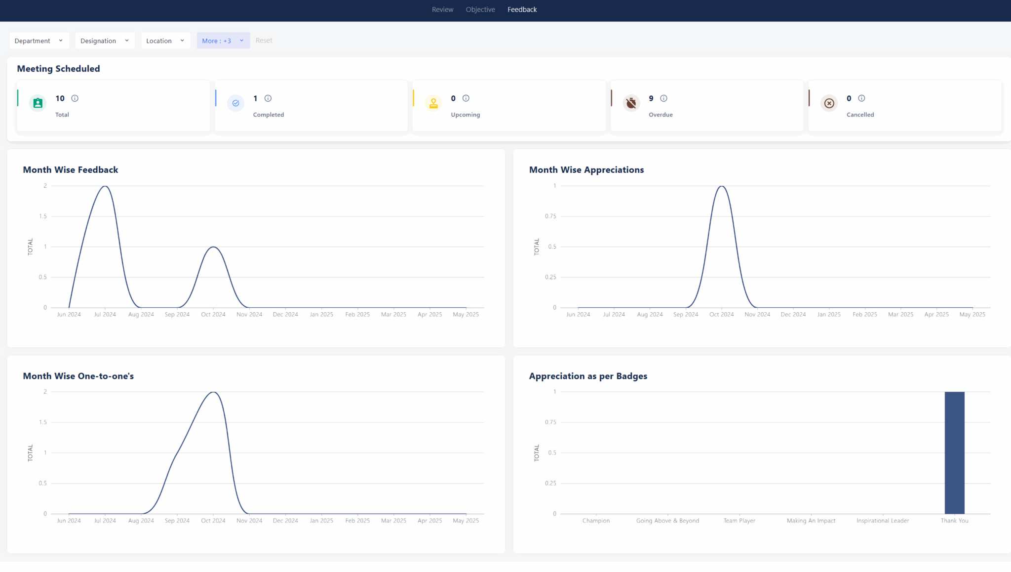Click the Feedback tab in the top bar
(522, 9)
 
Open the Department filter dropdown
(39, 41)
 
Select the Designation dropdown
(104, 41)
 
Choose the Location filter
(165, 41)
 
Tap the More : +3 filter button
(223, 41)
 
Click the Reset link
(264, 41)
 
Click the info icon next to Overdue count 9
(663, 98)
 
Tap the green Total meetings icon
(38, 103)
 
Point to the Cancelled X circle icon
(829, 103)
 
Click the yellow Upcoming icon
(433, 103)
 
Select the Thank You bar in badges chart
(954, 452)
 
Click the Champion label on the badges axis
(596, 521)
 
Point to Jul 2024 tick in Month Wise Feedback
(105, 315)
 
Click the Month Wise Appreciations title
(586, 170)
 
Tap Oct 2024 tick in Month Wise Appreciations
(721, 315)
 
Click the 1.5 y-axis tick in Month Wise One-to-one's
(43, 422)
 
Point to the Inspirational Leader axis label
(882, 521)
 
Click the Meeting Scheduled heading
(58, 69)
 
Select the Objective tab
(480, 9)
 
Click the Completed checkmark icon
(235, 103)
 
